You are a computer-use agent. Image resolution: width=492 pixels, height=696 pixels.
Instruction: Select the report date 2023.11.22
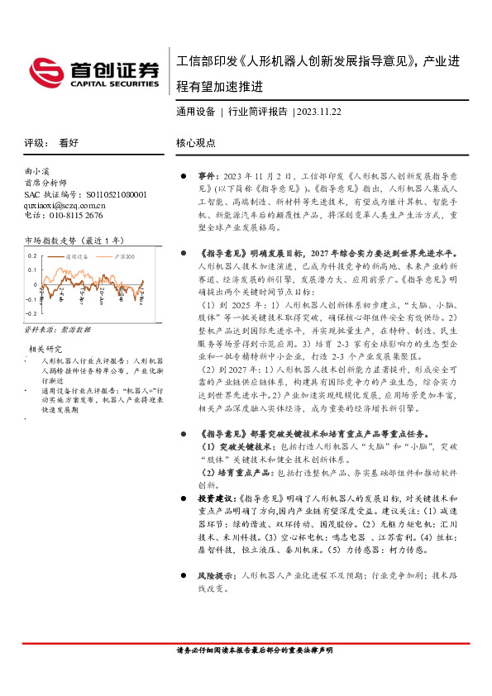click(x=320, y=111)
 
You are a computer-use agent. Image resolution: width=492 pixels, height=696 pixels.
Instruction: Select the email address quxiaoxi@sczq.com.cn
click(x=65, y=205)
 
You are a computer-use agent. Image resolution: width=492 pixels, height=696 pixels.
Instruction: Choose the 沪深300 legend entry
click(x=124, y=257)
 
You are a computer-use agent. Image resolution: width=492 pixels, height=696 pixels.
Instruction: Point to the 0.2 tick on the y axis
click(x=32, y=256)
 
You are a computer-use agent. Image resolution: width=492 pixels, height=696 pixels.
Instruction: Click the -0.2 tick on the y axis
click(x=31, y=314)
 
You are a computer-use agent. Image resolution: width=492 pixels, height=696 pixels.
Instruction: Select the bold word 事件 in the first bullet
click(x=208, y=176)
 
